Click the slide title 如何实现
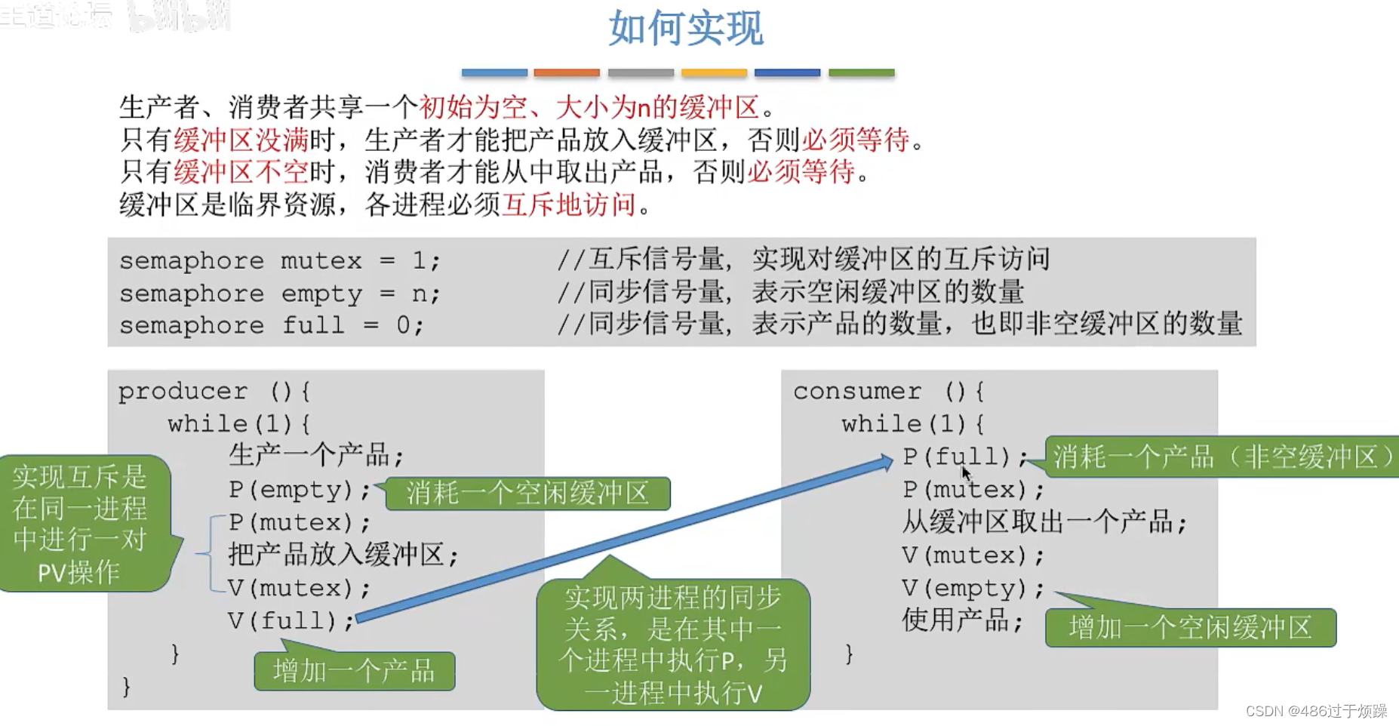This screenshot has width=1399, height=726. (x=685, y=29)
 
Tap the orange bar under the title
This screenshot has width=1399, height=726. (x=567, y=73)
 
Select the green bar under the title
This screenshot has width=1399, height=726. (x=861, y=73)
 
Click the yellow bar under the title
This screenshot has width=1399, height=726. (x=714, y=73)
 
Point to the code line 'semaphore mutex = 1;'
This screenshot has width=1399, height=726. (x=279, y=261)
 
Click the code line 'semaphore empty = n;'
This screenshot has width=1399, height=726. (x=279, y=294)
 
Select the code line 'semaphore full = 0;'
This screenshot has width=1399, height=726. (x=272, y=326)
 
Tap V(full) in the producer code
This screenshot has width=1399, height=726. (x=291, y=621)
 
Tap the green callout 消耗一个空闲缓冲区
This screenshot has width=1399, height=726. (x=527, y=494)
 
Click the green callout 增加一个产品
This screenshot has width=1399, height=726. (x=354, y=671)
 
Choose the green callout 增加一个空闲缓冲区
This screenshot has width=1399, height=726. (x=1190, y=628)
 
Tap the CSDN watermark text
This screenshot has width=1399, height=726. (x=1316, y=711)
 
